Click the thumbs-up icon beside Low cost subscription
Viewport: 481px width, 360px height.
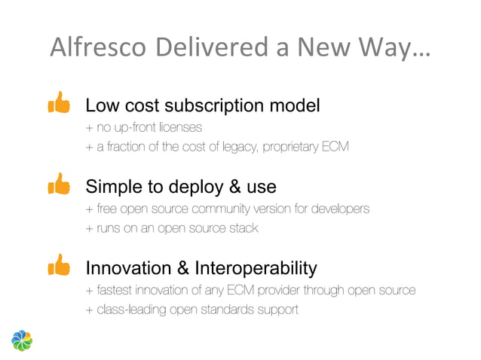[x=59, y=103]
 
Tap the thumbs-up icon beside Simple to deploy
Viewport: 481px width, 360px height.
[x=59, y=184]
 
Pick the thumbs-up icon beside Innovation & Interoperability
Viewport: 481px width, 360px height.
[x=59, y=265]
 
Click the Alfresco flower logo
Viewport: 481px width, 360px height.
[x=23, y=340]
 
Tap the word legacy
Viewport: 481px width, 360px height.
[x=240, y=146]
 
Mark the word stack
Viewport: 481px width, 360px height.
[x=243, y=227]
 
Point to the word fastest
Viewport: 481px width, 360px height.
[x=115, y=290]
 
